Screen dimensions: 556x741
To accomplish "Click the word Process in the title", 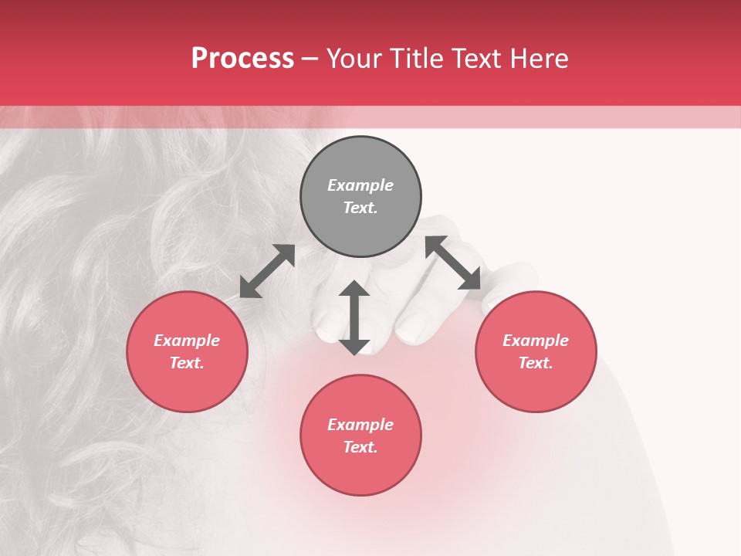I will point(242,59).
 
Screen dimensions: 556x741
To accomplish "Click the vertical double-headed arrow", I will point(354,317).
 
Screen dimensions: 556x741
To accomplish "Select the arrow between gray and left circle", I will point(267,271).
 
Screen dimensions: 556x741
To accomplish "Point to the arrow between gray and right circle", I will point(453,263).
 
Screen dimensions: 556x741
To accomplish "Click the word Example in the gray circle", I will point(360,185).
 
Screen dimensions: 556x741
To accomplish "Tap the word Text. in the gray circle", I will point(360,208).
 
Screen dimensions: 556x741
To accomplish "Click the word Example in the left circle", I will point(187,341).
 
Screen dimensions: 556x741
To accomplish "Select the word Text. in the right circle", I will point(536,363).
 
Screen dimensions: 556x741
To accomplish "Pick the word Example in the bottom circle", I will point(360,425).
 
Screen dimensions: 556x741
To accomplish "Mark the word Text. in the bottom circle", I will point(360,447).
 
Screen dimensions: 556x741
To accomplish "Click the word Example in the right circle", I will point(536,341).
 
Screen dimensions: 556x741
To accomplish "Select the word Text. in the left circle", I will point(187,363).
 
